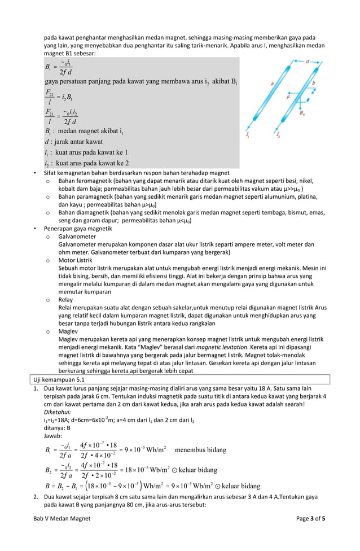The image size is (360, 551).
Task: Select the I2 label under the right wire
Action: pos(278,135)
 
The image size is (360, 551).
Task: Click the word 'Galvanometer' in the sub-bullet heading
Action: pos(78,237)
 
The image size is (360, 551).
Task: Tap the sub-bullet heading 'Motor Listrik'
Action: pos(77,260)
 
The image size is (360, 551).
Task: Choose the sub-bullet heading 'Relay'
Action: pos(66,300)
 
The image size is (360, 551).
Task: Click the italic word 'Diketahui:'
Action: pos(58,413)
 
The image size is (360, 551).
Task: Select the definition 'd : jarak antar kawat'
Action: pos(73,141)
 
